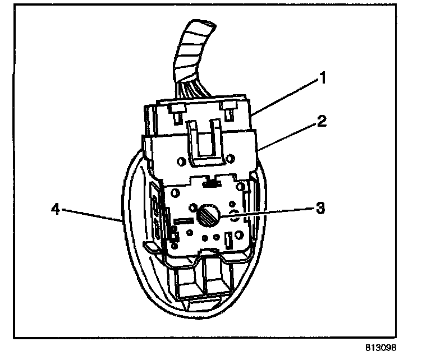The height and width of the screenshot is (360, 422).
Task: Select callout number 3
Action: click(x=319, y=209)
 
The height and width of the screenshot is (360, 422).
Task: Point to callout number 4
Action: click(x=54, y=210)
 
